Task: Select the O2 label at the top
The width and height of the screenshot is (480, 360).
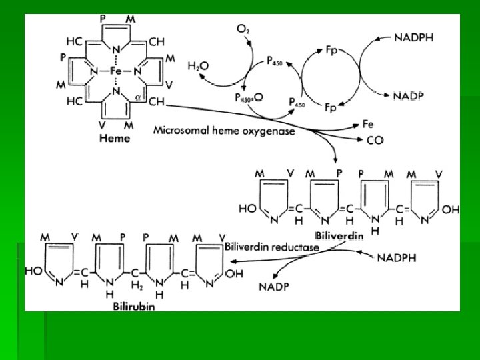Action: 244,29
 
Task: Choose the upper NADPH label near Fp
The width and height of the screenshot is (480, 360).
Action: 413,38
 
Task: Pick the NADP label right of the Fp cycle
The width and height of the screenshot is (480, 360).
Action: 408,96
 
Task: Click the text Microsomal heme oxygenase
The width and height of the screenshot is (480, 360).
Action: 224,131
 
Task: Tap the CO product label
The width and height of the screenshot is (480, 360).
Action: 375,141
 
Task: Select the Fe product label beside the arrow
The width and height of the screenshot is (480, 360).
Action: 368,124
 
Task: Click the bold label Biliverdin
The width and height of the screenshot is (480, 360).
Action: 339,235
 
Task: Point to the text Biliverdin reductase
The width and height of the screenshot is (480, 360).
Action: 272,247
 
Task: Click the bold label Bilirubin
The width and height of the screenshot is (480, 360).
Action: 133,306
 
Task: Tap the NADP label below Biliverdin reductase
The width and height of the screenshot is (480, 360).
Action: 275,287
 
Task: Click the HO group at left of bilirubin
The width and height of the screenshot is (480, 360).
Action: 33,271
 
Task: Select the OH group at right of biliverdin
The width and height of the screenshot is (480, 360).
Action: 451,209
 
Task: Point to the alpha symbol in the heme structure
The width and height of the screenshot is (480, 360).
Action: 137,97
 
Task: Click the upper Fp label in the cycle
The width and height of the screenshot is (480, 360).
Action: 331,50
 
